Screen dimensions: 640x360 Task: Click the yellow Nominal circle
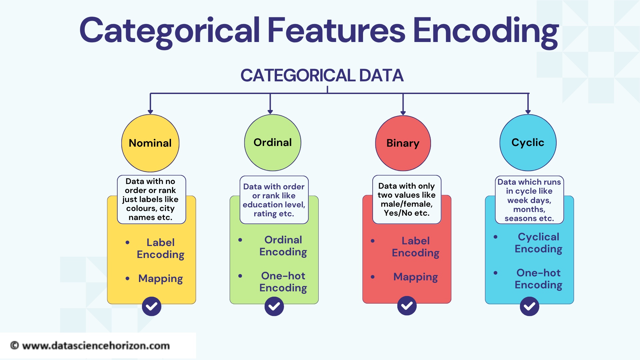pyautogui.click(x=150, y=143)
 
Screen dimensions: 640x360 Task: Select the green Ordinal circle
pyautogui.click(x=273, y=143)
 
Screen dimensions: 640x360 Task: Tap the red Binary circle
pyautogui.click(x=403, y=143)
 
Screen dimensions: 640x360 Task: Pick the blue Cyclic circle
pyautogui.click(x=528, y=143)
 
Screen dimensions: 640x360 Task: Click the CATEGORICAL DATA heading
pyautogui.click(x=322, y=75)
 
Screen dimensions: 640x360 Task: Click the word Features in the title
pyautogui.click(x=336, y=31)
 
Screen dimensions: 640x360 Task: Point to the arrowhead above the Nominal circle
pyautogui.click(x=150, y=112)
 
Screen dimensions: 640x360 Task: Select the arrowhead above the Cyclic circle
pyautogui.click(x=528, y=112)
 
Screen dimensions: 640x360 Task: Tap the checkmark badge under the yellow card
pyautogui.click(x=152, y=306)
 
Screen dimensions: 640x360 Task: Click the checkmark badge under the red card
pyautogui.click(x=407, y=306)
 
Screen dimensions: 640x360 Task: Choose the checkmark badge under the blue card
pyautogui.click(x=530, y=306)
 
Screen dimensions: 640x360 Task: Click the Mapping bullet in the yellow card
pyautogui.click(x=161, y=279)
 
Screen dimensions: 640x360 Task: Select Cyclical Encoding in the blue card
pyautogui.click(x=538, y=243)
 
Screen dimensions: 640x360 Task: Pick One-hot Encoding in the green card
pyautogui.click(x=283, y=282)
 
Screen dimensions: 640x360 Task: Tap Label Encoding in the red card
pyautogui.click(x=416, y=247)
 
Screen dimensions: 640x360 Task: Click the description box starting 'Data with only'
pyautogui.click(x=407, y=199)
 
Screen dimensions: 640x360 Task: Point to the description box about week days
pyautogui.click(x=529, y=200)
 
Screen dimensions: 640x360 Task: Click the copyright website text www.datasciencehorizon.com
pyautogui.click(x=96, y=346)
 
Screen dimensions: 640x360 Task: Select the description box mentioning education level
pyautogui.click(x=274, y=200)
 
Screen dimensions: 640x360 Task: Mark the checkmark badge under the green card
pyautogui.click(x=274, y=306)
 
